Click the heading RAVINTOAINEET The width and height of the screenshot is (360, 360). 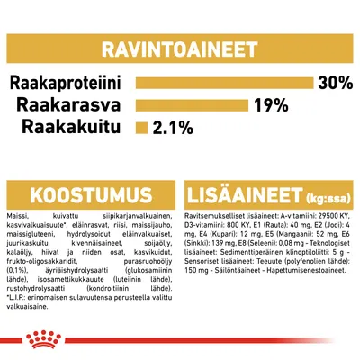[x=180, y=48]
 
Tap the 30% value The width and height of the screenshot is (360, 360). [x=334, y=84]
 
